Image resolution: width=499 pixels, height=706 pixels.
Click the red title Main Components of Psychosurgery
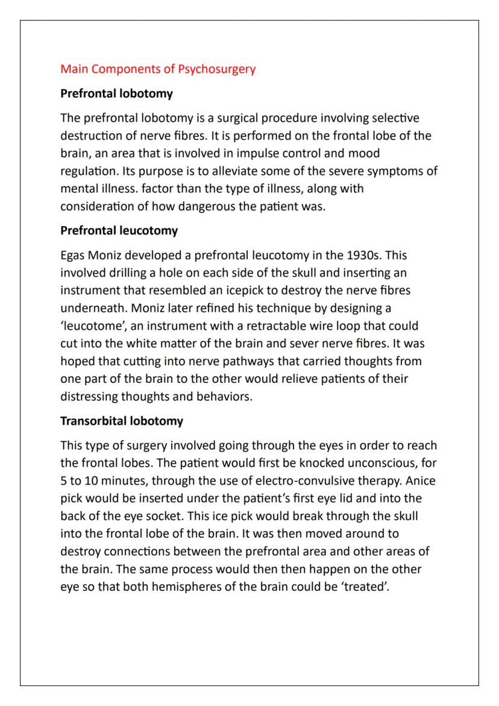click(x=158, y=69)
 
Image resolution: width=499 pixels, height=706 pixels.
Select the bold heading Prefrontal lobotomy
click(x=116, y=94)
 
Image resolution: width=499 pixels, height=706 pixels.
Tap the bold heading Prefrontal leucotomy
click(x=119, y=231)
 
